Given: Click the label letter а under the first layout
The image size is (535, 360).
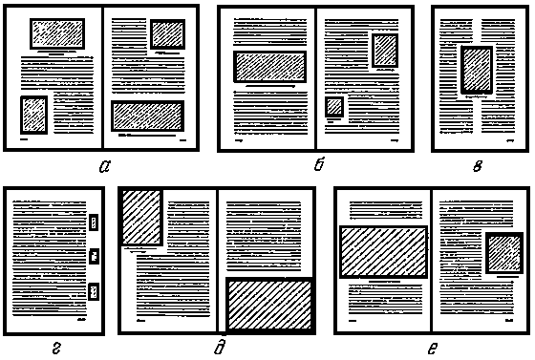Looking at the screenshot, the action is (x=105, y=166).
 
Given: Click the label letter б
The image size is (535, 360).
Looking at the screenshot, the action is (x=319, y=164).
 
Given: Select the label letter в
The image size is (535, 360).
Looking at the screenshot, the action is (x=478, y=166).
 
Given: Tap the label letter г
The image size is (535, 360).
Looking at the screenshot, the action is (x=57, y=348).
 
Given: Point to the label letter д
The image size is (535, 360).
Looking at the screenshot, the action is (x=220, y=347).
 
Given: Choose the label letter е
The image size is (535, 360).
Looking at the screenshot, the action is (x=432, y=349).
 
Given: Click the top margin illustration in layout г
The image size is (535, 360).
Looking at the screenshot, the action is (x=94, y=222).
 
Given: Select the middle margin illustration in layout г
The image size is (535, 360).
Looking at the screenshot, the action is (x=95, y=256).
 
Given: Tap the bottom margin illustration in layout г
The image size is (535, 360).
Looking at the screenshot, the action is (x=94, y=291).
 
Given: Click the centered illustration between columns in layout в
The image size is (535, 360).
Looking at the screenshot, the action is (x=477, y=70).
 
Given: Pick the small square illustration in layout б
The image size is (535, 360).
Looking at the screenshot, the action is (x=334, y=107).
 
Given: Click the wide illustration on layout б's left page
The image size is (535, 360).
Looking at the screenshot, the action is (x=269, y=67).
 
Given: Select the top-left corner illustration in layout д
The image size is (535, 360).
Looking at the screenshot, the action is (x=141, y=217).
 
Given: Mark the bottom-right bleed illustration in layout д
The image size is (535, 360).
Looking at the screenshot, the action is (x=269, y=304).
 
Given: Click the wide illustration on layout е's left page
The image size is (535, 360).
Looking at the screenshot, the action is (x=383, y=252).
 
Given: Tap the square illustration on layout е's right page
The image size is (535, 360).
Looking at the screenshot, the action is (x=504, y=253).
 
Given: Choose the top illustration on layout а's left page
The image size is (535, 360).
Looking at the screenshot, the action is (x=57, y=33).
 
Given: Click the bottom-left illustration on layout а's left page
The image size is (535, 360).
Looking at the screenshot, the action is (x=34, y=115).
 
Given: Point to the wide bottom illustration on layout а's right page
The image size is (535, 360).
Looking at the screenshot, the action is (x=148, y=116).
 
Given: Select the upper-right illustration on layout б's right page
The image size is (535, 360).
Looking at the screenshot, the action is (x=385, y=51).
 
